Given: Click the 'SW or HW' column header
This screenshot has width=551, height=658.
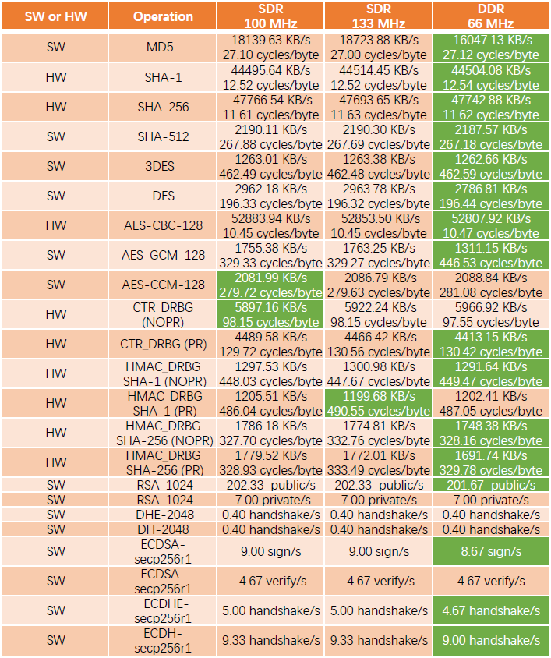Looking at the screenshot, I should point(55,16).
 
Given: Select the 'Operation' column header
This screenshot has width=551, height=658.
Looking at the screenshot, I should point(163,16).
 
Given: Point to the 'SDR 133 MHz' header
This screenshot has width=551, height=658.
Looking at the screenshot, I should point(377,16).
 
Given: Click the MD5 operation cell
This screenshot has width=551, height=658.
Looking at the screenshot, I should point(163,48).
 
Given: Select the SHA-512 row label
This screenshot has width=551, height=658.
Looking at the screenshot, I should point(163,136).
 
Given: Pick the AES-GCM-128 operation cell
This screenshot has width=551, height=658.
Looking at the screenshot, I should point(163,255).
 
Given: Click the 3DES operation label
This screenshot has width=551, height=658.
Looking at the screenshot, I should point(163,166).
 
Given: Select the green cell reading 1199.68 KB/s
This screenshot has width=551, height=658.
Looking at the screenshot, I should point(377,403).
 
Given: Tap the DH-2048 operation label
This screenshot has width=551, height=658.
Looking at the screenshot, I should point(163,529).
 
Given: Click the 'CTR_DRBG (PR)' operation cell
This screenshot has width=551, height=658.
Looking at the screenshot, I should point(163,344).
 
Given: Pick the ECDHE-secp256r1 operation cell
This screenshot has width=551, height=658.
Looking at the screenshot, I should point(163,610).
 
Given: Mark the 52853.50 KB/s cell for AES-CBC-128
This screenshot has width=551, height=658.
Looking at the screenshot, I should point(377,218).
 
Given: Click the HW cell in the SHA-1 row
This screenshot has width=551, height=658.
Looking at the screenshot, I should point(55,77).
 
